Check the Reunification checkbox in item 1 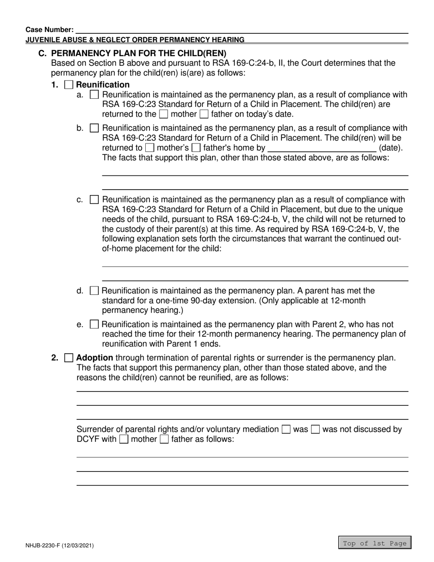69,85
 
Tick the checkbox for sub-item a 95,95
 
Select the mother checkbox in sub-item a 163,114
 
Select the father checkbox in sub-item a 204,114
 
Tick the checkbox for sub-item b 95,128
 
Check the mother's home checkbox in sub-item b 149,148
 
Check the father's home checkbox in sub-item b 196,148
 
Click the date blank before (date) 321,148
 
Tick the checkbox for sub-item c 95,200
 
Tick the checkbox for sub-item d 95,291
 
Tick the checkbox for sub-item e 95,324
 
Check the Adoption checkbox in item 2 69,358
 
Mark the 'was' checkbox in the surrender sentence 286,429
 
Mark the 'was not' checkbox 315,429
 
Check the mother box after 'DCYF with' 124,440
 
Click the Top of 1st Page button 375,543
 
